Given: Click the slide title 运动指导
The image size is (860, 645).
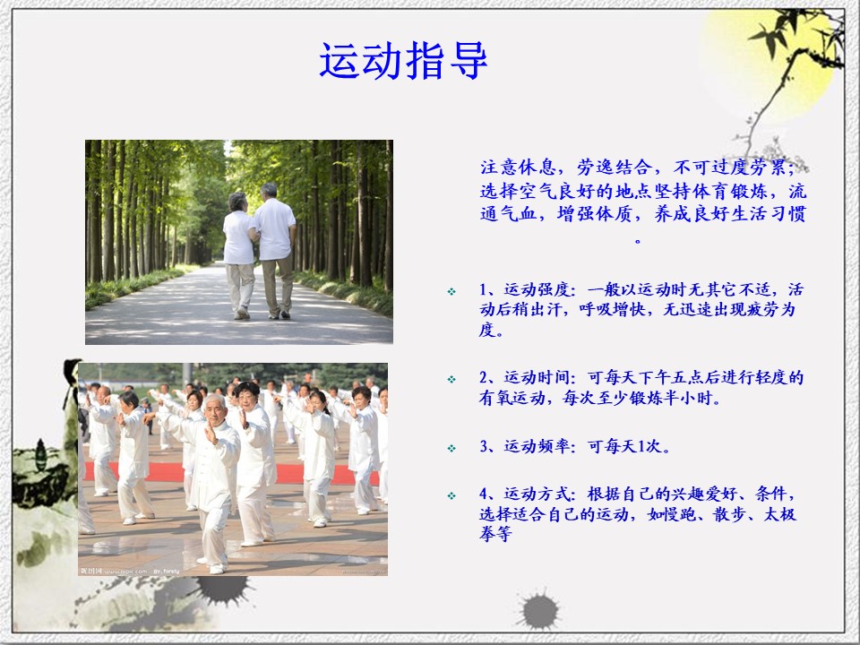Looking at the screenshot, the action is [403, 60].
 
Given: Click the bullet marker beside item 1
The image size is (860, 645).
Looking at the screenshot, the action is [451, 291].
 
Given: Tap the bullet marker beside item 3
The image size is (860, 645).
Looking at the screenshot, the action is [451, 448].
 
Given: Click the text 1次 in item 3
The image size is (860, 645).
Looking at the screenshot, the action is [650, 446].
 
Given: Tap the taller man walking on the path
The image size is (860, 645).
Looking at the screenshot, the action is [274, 250].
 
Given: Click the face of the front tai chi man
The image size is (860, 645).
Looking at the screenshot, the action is [216, 409].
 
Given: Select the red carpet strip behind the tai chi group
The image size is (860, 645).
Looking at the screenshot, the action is [230, 472].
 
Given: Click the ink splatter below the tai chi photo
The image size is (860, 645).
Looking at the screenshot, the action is [224, 589].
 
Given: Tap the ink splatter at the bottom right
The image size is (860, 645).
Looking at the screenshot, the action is [539, 610].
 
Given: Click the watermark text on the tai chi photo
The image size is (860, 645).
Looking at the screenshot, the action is [130, 571].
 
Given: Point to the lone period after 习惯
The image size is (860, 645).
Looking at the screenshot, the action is [637, 240].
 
